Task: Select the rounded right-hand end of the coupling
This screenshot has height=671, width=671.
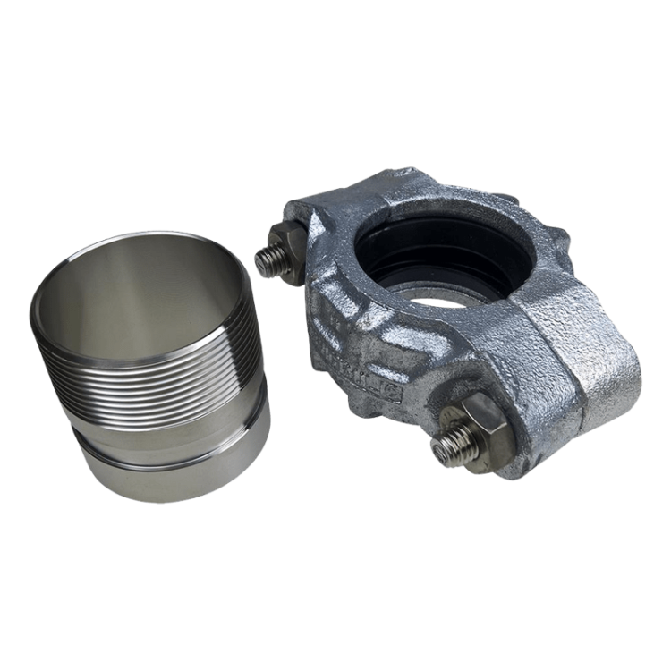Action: pos(617,376)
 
